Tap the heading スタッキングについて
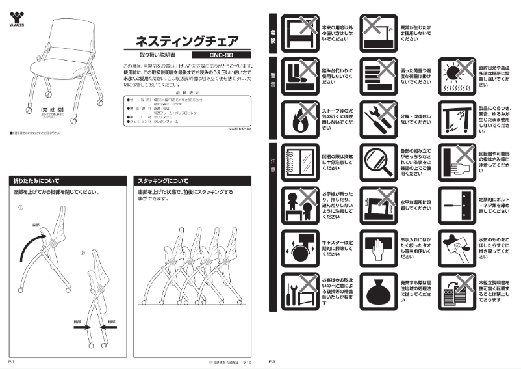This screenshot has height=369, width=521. click(161, 180)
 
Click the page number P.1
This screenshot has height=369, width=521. click(12, 360)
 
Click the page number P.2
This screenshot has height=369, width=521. click(272, 360)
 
